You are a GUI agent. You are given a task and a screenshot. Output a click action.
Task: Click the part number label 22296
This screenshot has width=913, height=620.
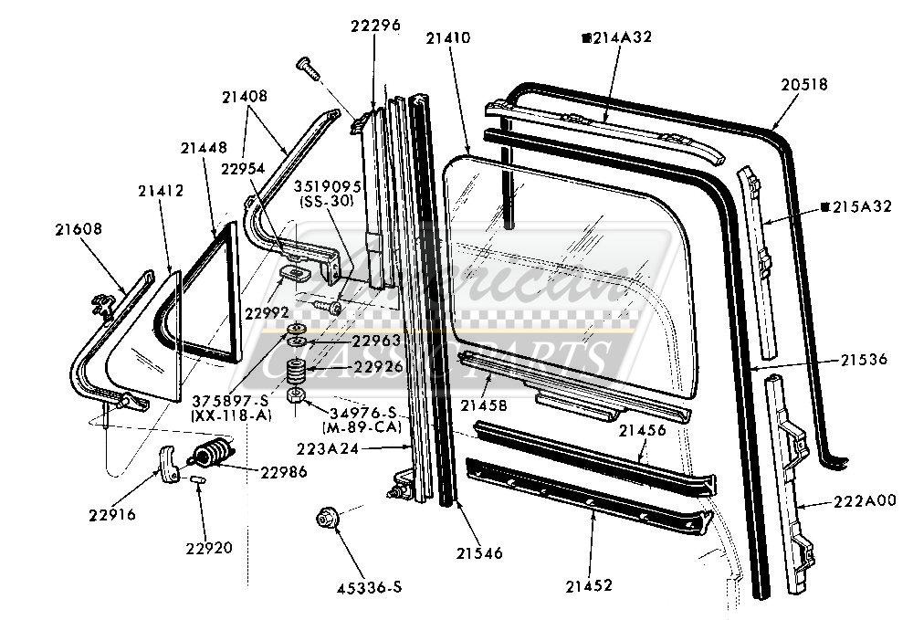(374, 26)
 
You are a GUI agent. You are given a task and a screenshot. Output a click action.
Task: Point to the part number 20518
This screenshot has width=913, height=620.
(804, 84)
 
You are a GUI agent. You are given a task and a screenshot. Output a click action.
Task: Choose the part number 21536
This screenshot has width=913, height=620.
(864, 360)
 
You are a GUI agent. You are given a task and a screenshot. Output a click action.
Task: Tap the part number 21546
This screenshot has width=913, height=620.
(477, 552)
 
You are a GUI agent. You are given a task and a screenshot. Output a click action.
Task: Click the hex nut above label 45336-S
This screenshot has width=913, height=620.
(325, 519)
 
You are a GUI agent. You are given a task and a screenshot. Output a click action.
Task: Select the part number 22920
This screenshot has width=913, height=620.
(209, 548)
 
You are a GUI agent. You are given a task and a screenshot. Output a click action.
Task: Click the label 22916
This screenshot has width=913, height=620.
(112, 515)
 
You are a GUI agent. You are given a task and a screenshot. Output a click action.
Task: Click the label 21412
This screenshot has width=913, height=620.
(161, 191)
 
